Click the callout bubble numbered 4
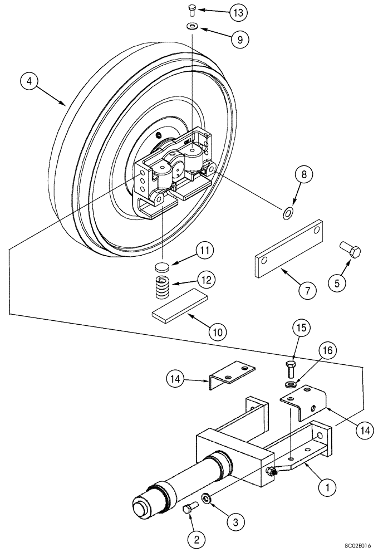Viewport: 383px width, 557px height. (x=30, y=81)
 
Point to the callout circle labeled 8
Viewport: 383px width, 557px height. (x=304, y=175)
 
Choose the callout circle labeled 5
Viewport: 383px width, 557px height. (x=336, y=284)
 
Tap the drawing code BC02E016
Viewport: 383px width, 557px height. (x=356, y=548)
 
